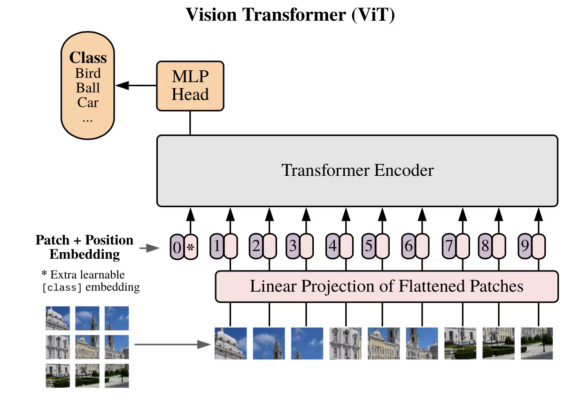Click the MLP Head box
pyautogui.click(x=190, y=86)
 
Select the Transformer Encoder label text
pyautogui.click(x=357, y=170)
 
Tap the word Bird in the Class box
pyautogui.click(x=88, y=74)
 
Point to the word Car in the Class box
pyautogui.click(x=88, y=102)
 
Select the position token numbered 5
pyautogui.click(x=369, y=246)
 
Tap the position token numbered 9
pyautogui.click(x=525, y=246)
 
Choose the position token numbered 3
pyautogui.click(x=293, y=246)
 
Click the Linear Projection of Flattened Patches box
pyautogui.click(x=387, y=286)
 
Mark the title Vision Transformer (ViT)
pyautogui.click(x=290, y=15)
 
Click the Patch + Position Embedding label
pyautogui.click(x=85, y=247)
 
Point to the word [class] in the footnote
pyautogui.click(x=62, y=287)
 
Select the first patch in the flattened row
pyautogui.click(x=231, y=343)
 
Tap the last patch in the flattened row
pyautogui.click(x=536, y=343)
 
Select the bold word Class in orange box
pyautogui.click(x=88, y=58)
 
